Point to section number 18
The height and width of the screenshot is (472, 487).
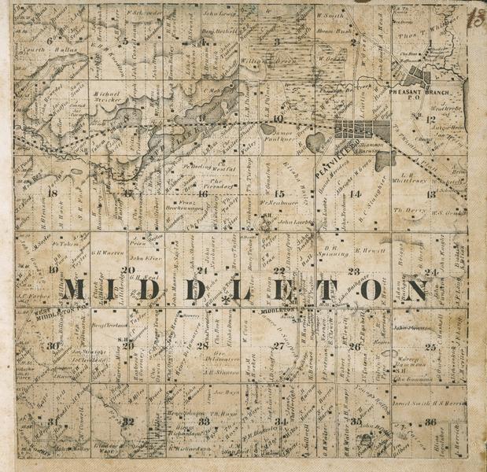point(53,192)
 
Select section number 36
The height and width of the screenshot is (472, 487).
point(430,422)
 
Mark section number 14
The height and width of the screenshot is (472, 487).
point(356,194)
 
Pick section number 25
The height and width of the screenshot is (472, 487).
point(430,346)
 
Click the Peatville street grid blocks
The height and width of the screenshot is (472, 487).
point(363,131)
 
